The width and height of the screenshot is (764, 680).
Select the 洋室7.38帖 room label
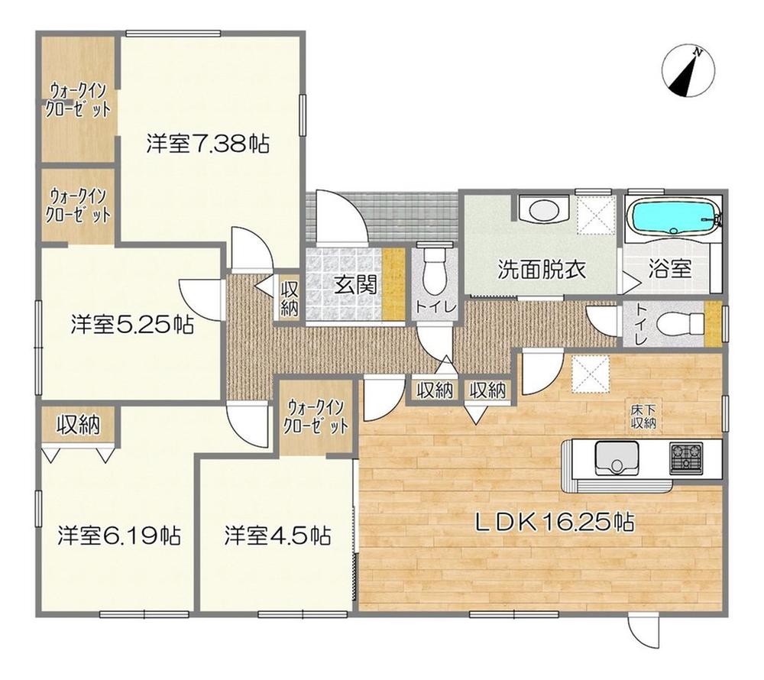207,144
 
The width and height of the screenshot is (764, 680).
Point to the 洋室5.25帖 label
131,325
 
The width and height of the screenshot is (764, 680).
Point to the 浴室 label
670,269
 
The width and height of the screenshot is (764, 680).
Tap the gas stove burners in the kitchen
687,458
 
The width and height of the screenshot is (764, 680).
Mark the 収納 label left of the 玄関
289,299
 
